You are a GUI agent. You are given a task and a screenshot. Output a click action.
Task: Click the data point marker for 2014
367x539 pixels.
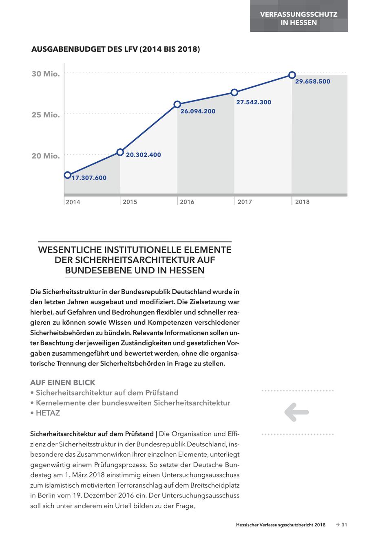click(x=68, y=175)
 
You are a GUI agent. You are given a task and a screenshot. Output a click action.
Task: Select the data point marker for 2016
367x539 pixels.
click(x=177, y=104)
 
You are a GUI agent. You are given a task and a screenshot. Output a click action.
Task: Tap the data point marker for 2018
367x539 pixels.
click(x=292, y=75)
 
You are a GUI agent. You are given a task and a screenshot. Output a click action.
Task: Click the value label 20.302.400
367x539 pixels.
click(x=144, y=155)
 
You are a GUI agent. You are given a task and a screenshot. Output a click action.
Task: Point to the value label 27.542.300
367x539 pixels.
click(x=254, y=102)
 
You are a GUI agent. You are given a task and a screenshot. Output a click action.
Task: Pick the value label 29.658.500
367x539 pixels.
click(x=313, y=81)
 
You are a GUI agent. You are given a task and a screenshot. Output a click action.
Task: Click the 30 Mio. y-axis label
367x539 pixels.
click(x=46, y=74)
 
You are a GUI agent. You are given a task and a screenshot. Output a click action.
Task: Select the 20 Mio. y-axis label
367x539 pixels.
click(x=46, y=156)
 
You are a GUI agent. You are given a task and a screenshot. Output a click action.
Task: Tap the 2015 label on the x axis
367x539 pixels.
click(x=130, y=202)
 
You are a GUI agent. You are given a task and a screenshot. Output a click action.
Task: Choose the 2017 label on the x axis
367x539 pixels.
click(x=245, y=202)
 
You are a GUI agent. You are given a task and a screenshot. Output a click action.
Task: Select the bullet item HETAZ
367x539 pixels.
click(x=48, y=413)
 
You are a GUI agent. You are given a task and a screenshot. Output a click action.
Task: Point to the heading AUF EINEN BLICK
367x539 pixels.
click(x=63, y=383)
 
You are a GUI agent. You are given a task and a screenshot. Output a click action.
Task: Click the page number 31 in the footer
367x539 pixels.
click(x=344, y=525)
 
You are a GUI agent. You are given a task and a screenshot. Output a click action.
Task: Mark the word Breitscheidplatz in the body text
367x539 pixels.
click(x=214, y=486)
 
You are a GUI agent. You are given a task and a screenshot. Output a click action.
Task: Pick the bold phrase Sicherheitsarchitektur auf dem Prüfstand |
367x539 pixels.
click(x=94, y=433)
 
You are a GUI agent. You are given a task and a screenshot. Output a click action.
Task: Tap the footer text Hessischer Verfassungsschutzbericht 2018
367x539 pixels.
click(x=281, y=525)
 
